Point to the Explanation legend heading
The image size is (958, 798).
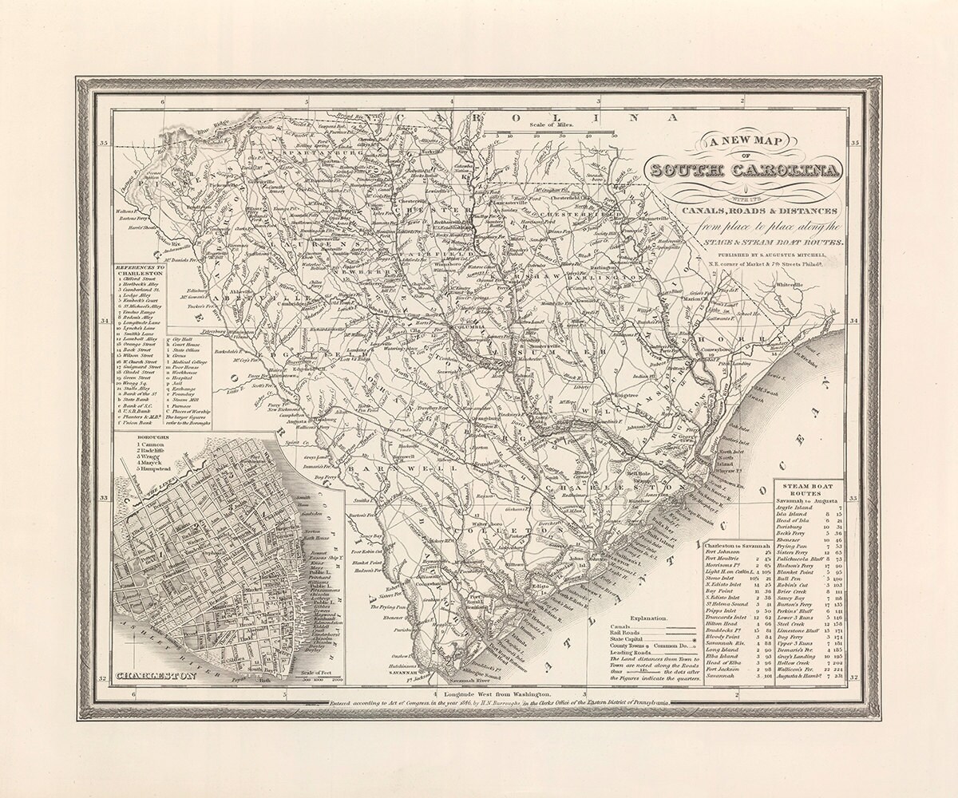point(647,618)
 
